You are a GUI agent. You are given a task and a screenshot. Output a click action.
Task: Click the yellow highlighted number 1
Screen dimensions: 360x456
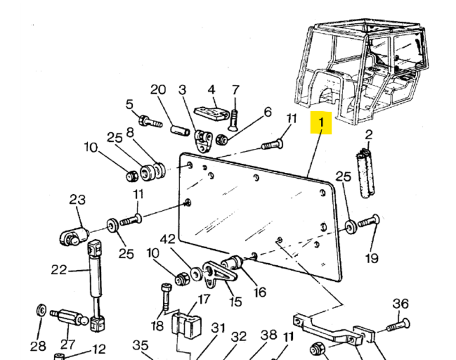click(x=321, y=122)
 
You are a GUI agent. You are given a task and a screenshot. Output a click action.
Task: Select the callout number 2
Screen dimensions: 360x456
click(x=369, y=135)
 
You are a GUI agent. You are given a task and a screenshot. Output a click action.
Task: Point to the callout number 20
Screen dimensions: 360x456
click(x=158, y=90)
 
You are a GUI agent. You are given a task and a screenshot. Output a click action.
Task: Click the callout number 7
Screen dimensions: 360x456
click(x=235, y=90)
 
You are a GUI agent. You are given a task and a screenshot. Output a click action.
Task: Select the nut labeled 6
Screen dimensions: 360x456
click(x=223, y=139)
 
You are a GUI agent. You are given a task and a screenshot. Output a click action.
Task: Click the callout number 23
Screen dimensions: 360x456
click(x=78, y=200)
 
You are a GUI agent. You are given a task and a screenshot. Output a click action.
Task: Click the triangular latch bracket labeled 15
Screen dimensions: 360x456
click(x=216, y=275)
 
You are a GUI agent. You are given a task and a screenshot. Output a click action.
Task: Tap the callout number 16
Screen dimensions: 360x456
click(x=259, y=292)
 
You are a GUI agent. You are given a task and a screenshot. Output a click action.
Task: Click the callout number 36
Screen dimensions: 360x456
click(x=401, y=303)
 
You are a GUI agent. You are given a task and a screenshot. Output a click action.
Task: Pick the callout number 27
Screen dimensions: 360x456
click(x=68, y=345)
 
